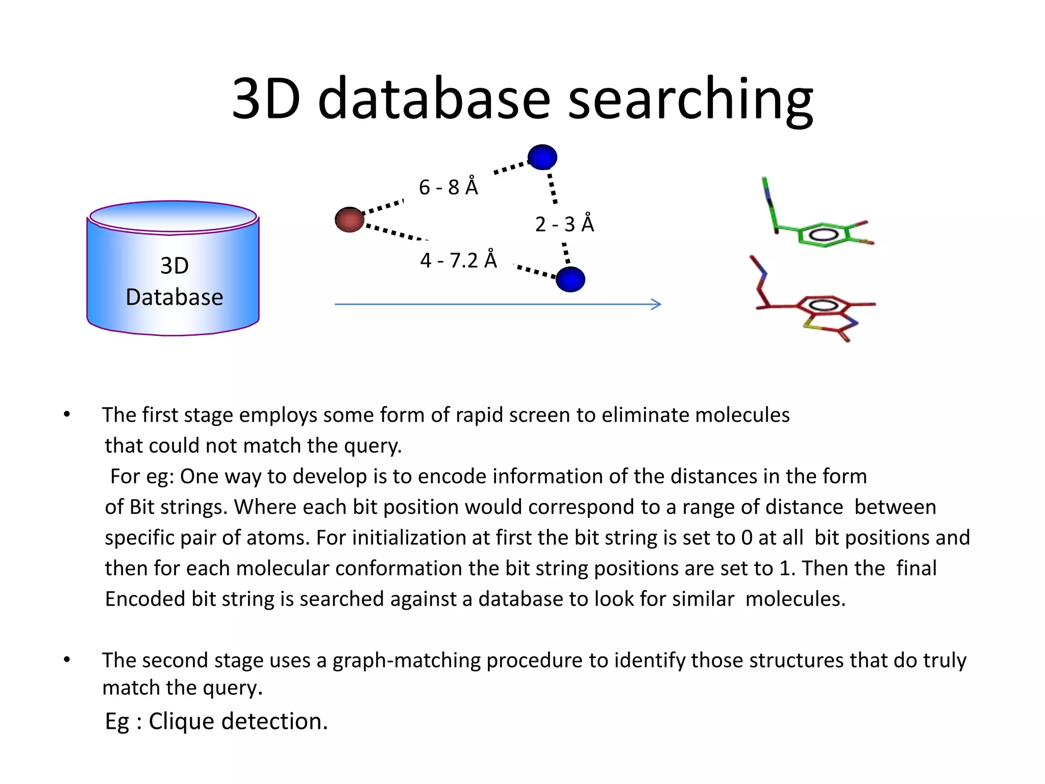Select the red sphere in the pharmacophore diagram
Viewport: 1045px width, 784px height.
(x=350, y=219)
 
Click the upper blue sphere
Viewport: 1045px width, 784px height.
(x=542, y=157)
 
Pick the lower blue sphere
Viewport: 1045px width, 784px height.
(x=570, y=279)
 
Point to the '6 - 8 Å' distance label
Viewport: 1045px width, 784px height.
(x=448, y=187)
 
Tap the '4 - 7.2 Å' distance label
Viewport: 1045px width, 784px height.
(x=458, y=260)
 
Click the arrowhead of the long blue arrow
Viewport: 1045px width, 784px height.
(x=657, y=304)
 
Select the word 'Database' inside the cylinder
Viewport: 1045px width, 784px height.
(x=174, y=297)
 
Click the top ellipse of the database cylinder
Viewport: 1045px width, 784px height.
(x=173, y=216)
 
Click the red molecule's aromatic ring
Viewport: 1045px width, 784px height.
(x=822, y=306)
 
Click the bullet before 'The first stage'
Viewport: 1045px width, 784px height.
(x=67, y=414)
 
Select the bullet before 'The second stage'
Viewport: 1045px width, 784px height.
(x=67, y=659)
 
